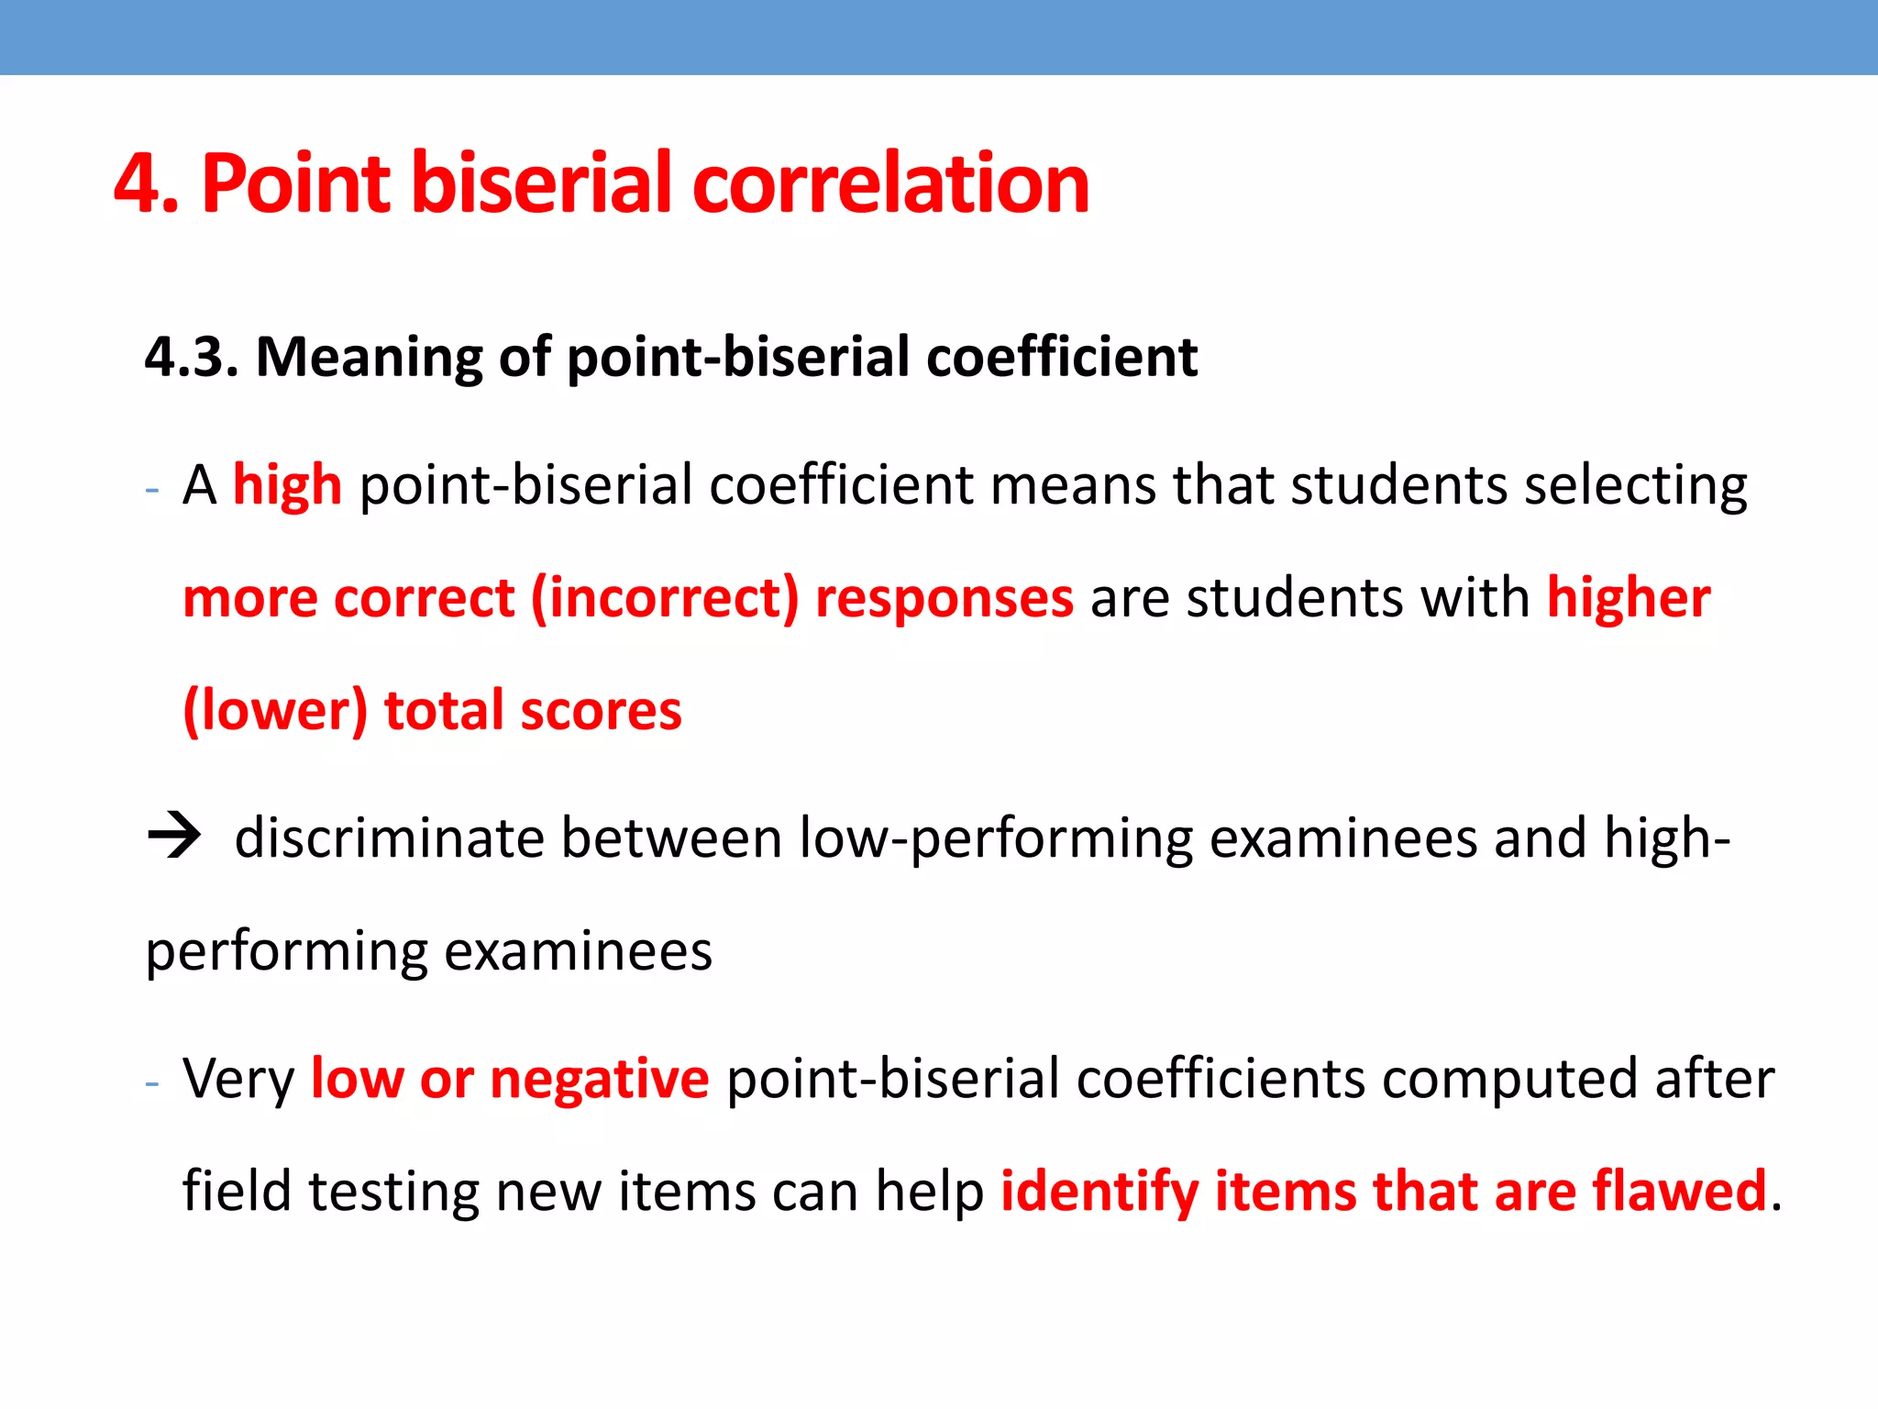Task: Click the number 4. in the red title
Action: tap(146, 183)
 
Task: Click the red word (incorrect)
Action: tap(665, 598)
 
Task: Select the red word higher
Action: tap(1629, 598)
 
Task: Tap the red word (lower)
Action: tap(275, 711)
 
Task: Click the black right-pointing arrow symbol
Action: tap(173, 837)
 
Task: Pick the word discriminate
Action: tap(390, 838)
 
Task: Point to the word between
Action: tap(671, 838)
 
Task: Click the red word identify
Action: tap(1099, 1193)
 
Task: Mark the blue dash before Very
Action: tap(152, 1083)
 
